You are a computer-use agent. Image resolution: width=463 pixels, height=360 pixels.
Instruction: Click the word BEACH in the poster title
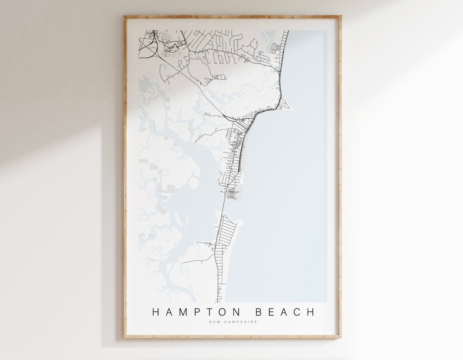click(x=283, y=312)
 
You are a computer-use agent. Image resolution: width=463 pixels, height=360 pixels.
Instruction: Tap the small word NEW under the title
click(x=214, y=322)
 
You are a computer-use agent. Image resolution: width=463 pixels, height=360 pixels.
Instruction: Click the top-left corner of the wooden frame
click(x=126, y=17)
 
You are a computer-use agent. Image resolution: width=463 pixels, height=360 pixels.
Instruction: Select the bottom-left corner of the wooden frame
click(x=126, y=337)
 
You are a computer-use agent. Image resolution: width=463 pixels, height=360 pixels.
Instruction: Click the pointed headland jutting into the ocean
click(x=288, y=104)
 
